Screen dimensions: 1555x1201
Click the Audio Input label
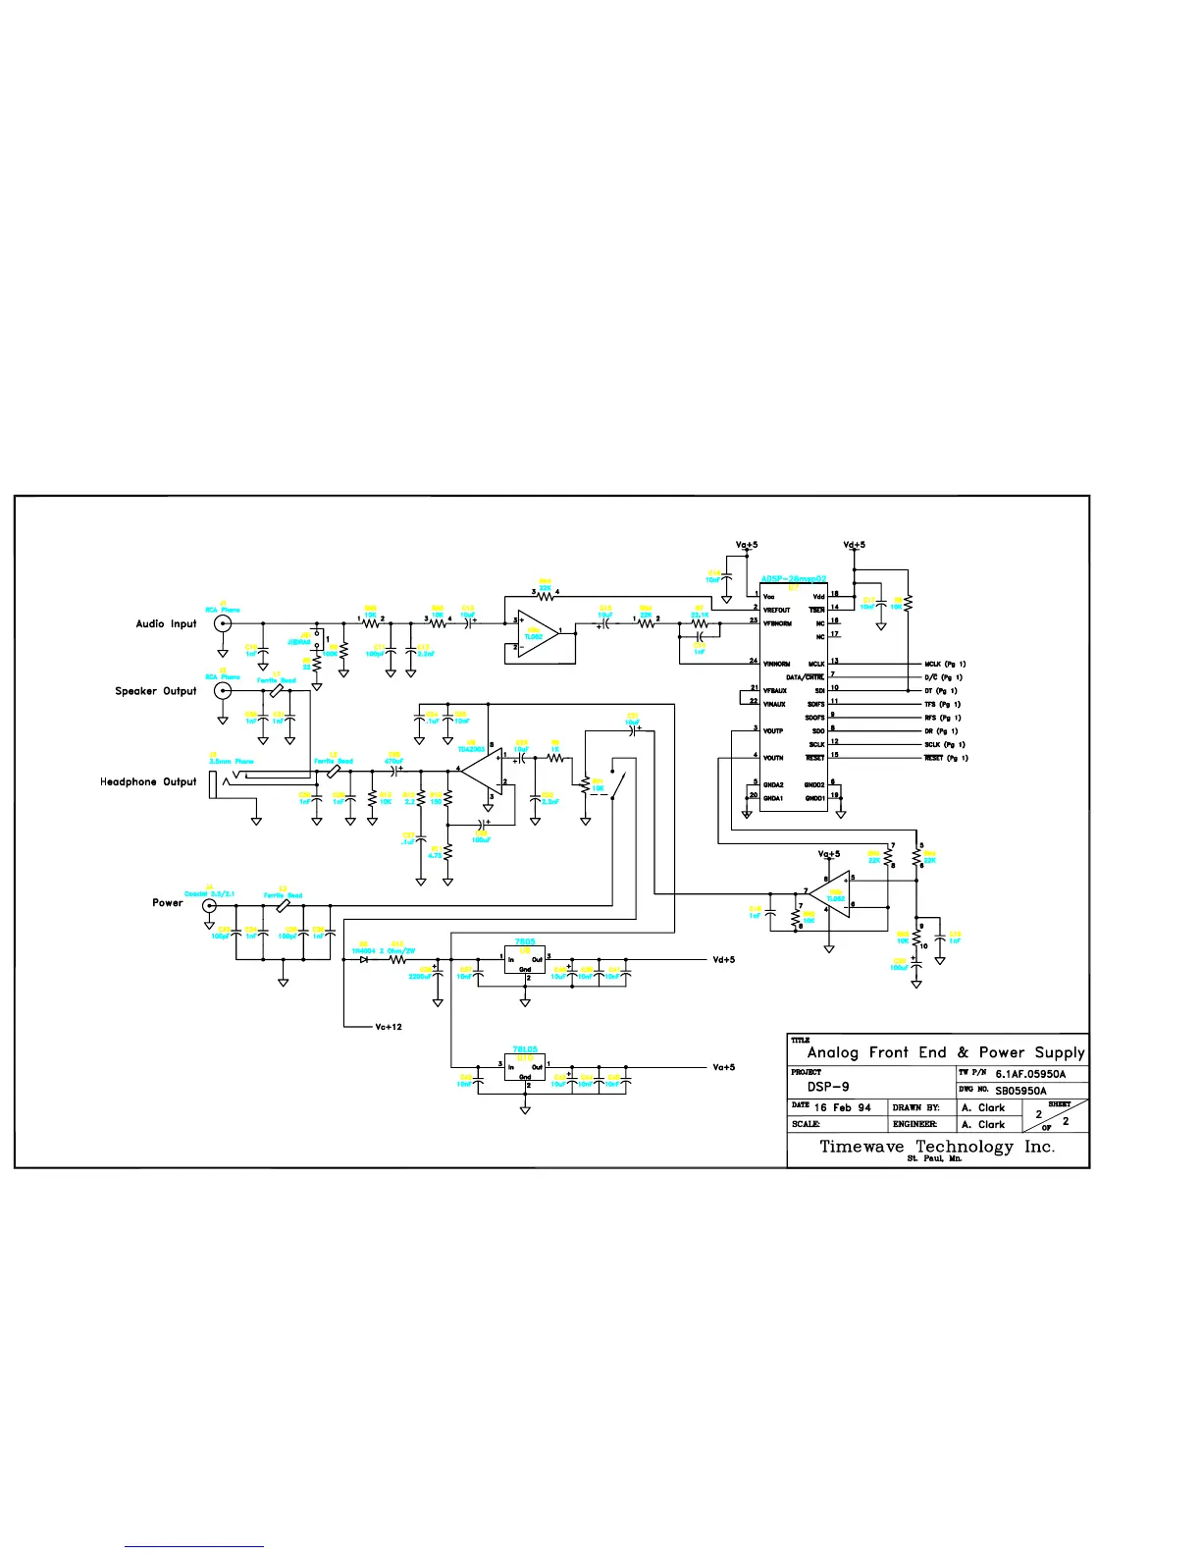pyautogui.click(x=166, y=623)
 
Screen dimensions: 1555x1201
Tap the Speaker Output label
pyautogui.click(x=156, y=691)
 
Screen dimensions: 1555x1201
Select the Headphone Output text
pyautogui.click(x=148, y=781)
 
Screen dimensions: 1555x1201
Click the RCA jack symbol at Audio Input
pyautogui.click(x=224, y=623)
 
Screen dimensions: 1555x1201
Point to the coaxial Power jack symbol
pyautogui.click(x=209, y=905)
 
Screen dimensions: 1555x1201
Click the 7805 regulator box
pyautogui.click(x=525, y=960)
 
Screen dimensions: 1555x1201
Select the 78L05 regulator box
pyautogui.click(x=525, y=1067)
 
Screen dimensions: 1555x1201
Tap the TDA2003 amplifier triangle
pyautogui.click(x=480, y=770)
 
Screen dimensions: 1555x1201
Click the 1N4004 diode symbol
pyautogui.click(x=364, y=959)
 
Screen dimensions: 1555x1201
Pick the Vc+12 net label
pyautogui.click(x=389, y=1027)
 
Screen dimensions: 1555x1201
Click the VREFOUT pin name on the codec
pyautogui.click(x=776, y=610)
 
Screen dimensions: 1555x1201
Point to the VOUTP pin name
pyautogui.click(x=773, y=730)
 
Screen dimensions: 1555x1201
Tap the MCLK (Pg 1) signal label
pyautogui.click(x=946, y=664)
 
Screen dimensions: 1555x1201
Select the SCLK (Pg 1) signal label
pyautogui.click(x=946, y=744)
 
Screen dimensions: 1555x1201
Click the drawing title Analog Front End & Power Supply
pyautogui.click(x=946, y=1052)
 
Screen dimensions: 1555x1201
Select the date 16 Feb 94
pyautogui.click(x=842, y=1107)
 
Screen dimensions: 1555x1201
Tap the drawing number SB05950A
pyautogui.click(x=1020, y=1091)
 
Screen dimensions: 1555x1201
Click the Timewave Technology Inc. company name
pyautogui.click(x=937, y=1147)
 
